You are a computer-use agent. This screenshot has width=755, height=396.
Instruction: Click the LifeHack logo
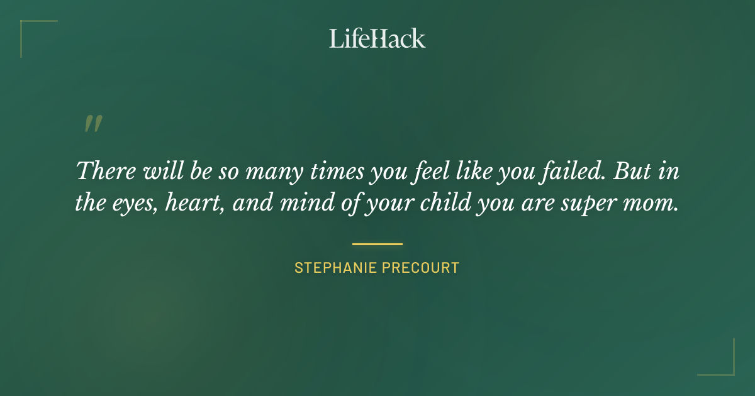tap(377, 38)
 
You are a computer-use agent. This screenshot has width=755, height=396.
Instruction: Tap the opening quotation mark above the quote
tap(93, 124)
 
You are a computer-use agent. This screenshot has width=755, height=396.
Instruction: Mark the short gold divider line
tap(377, 244)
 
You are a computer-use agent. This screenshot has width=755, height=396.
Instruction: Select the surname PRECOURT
tap(421, 268)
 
